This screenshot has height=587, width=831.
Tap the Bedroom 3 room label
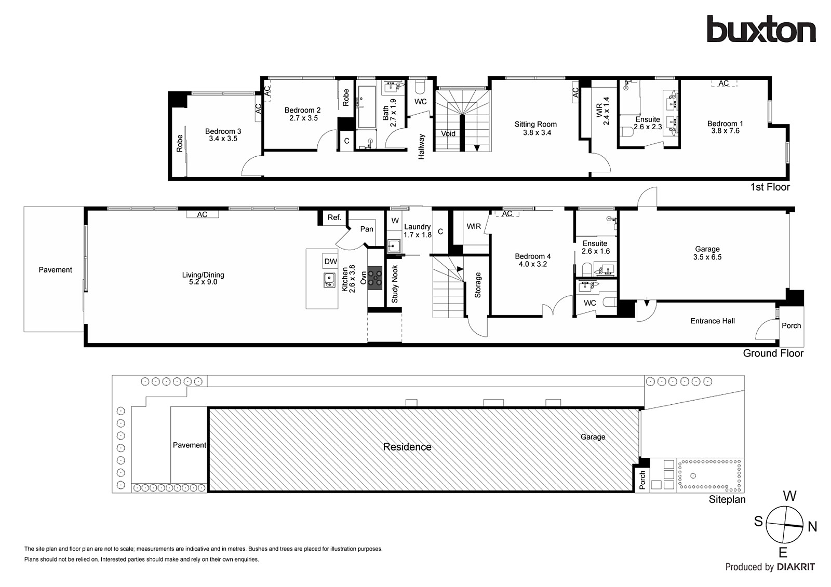coord(223,131)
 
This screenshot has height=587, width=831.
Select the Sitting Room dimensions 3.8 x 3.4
coord(536,133)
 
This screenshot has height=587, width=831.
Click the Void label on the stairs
coord(448,134)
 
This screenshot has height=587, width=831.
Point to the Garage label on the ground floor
coord(707,249)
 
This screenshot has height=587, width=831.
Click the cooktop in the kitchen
coord(374,278)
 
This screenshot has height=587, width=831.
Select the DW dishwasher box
coord(330,262)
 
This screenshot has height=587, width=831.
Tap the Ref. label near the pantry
coord(334,217)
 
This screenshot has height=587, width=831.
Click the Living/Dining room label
coord(203,275)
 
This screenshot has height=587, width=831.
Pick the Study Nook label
coord(395,284)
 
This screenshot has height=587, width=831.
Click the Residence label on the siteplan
coord(407,447)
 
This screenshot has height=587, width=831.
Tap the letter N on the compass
coord(812,527)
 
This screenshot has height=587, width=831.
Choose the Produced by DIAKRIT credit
coord(770,567)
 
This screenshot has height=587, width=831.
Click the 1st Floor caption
coord(769,187)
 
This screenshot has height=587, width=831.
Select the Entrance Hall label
coord(712,321)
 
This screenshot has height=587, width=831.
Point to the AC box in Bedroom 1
coord(723,84)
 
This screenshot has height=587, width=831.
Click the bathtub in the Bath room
coord(367,107)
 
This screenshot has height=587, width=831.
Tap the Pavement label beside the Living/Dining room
coord(55,270)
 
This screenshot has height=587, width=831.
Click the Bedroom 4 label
coord(532,256)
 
